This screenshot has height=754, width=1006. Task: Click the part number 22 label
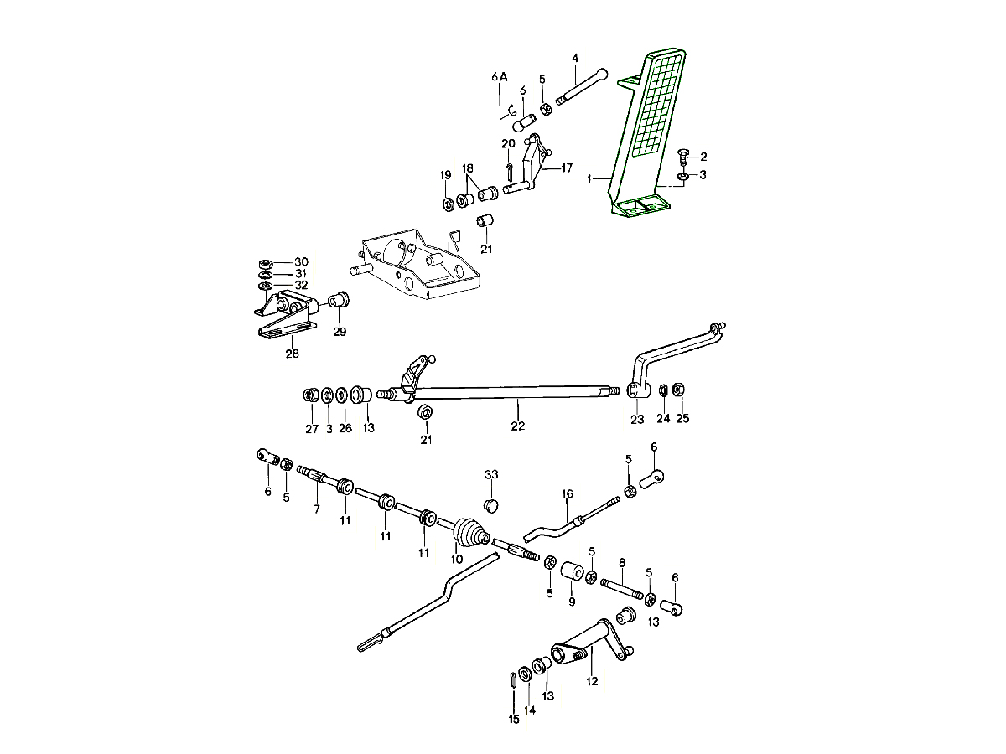[517, 426]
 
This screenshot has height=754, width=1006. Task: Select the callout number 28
[291, 354]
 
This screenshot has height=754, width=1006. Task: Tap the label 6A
[500, 77]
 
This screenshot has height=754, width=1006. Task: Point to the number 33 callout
[491, 475]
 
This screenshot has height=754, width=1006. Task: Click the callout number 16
[567, 494]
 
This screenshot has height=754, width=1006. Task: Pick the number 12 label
[592, 681]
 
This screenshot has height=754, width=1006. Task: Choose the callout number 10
[457, 559]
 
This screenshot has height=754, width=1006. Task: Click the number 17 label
[567, 168]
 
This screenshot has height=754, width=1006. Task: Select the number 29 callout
[339, 332]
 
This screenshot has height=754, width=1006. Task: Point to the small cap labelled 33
[492, 504]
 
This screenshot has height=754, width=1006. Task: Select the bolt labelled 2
[682, 155]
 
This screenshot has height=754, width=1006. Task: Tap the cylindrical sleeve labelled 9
[573, 572]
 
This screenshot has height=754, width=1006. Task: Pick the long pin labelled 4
[579, 86]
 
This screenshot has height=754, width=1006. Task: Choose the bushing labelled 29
[340, 299]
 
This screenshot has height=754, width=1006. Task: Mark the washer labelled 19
[446, 203]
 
